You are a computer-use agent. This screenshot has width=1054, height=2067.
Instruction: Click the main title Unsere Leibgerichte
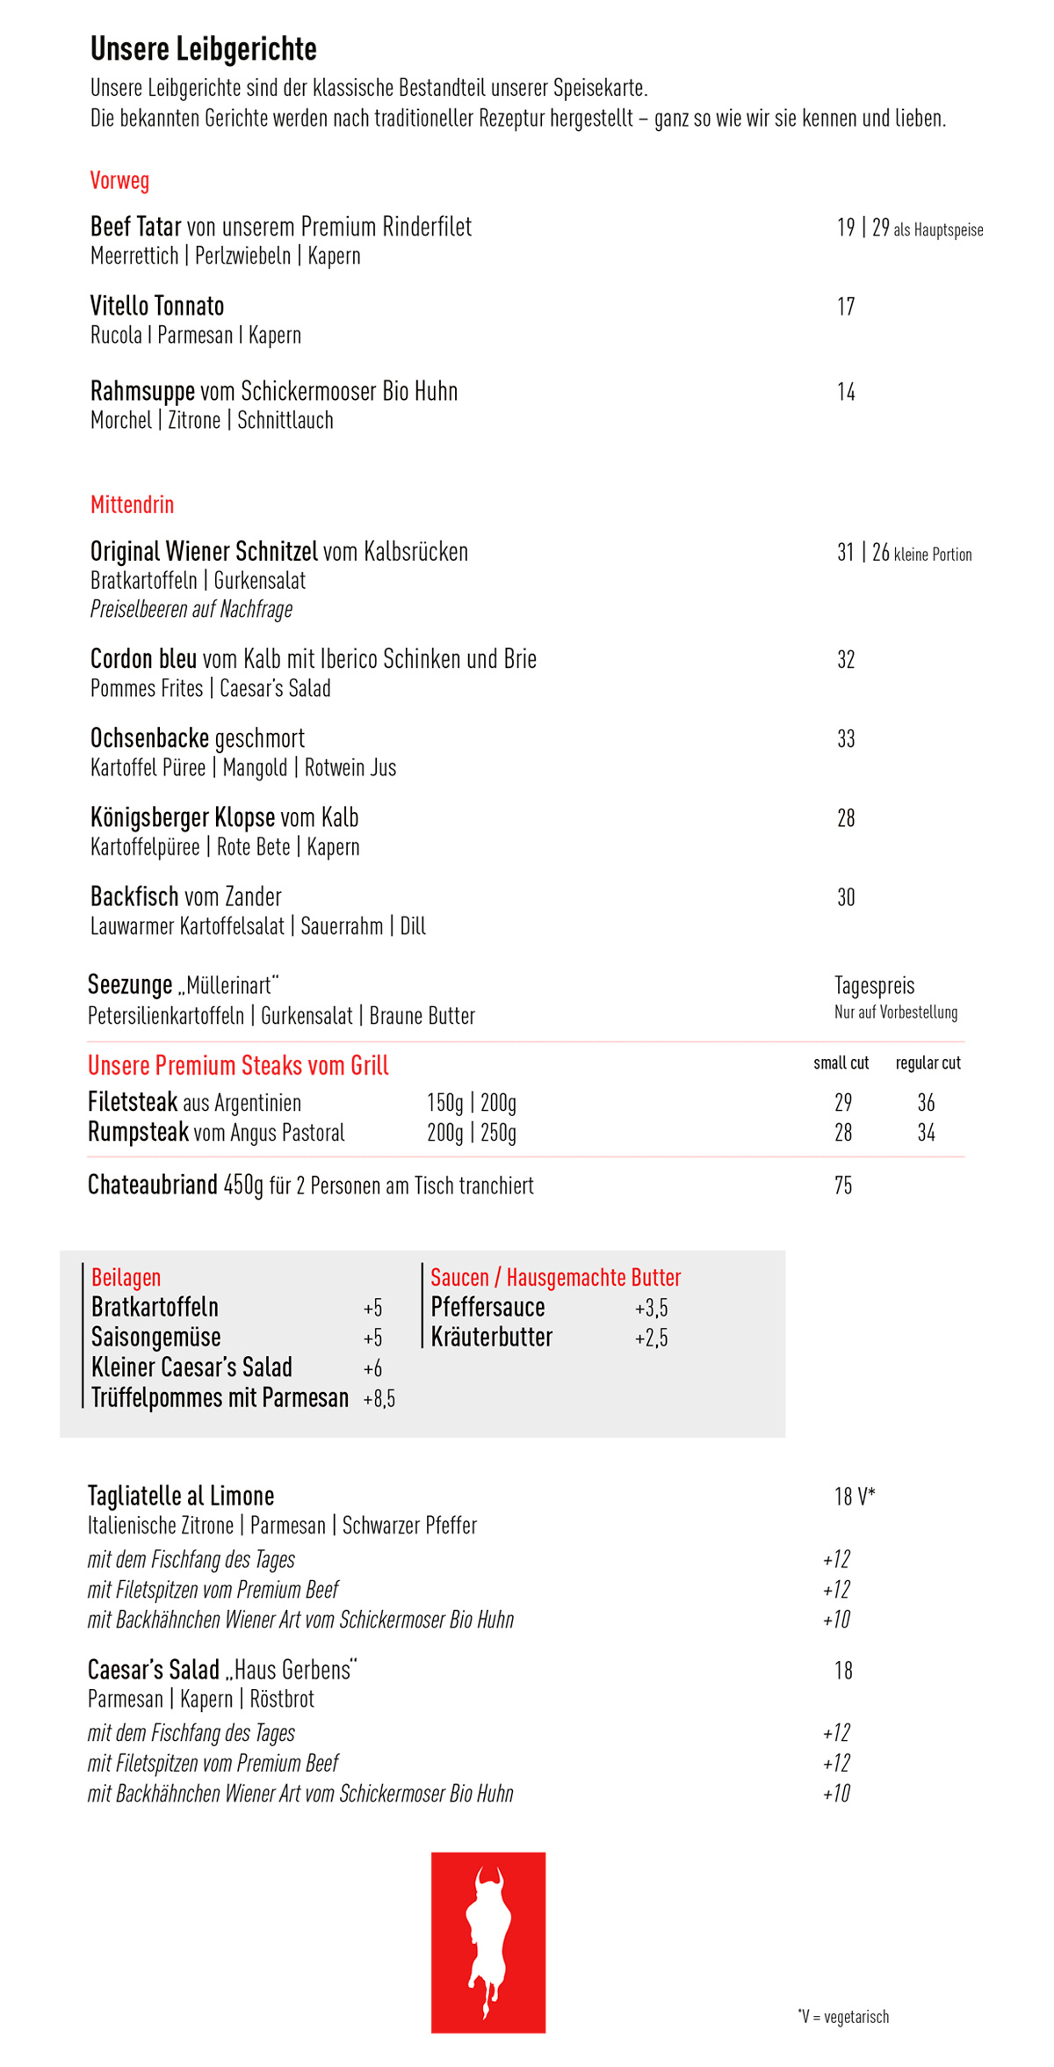tap(203, 49)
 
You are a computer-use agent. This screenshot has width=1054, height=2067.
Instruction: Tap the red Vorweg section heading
tap(119, 181)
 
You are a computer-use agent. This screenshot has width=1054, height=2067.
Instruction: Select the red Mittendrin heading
tap(132, 505)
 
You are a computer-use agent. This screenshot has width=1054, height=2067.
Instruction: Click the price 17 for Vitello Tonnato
tap(846, 307)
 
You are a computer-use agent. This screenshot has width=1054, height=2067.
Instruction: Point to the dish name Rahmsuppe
tap(142, 391)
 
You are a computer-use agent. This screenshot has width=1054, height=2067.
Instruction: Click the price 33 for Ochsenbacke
tap(846, 739)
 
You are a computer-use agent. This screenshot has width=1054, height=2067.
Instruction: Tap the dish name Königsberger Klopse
tap(183, 818)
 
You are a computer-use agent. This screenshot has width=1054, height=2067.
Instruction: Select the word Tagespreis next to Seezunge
tap(874, 985)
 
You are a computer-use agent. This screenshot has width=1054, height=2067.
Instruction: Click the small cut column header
tap(841, 1063)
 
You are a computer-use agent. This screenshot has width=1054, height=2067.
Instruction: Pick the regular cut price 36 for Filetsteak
tap(926, 1103)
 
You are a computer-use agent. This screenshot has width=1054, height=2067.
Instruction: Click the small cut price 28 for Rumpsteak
tap(843, 1133)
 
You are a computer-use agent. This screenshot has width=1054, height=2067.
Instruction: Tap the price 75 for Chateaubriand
tap(843, 1186)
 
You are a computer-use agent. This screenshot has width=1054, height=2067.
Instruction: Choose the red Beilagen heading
tap(126, 1278)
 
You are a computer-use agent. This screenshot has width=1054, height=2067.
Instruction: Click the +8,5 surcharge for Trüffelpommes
tap(379, 1399)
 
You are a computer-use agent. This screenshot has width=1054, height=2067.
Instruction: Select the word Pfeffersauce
tap(487, 1308)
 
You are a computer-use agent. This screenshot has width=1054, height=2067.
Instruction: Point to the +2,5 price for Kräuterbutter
tap(651, 1338)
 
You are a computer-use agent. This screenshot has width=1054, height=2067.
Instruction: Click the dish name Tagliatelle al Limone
tap(181, 1496)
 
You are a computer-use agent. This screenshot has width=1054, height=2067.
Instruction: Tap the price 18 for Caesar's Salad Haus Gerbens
tap(843, 1671)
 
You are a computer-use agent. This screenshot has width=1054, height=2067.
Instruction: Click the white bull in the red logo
tap(488, 1942)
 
